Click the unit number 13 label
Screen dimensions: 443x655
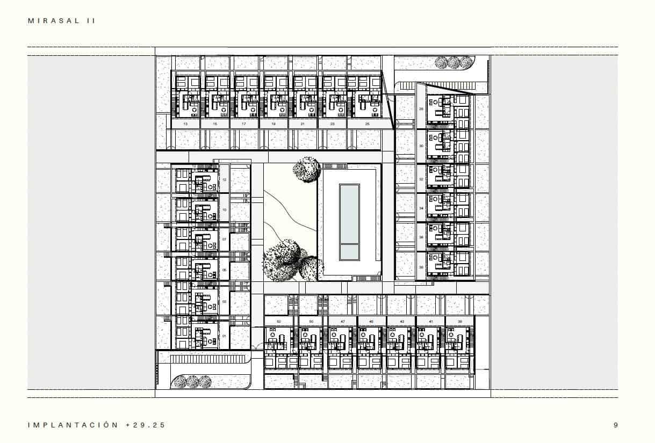coord(185,124)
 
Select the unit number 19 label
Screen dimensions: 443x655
coord(273,124)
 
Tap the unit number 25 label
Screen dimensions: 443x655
coord(367,124)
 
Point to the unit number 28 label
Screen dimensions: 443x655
coord(421,109)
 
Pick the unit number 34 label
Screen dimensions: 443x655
coord(421,208)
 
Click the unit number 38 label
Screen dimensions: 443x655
coord(421,267)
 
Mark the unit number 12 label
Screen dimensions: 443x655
coord(224,180)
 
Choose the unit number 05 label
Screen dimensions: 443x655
coord(224,271)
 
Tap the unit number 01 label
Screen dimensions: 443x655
coord(224,336)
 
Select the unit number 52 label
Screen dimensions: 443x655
coord(278,321)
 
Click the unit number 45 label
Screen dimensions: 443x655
coord(372,321)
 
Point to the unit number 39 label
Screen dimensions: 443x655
coord(459,321)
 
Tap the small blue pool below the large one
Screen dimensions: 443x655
coord(349,251)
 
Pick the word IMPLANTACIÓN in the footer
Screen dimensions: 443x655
coord(73,425)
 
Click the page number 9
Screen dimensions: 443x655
coord(616,425)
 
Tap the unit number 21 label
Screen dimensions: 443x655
coord(303,124)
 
